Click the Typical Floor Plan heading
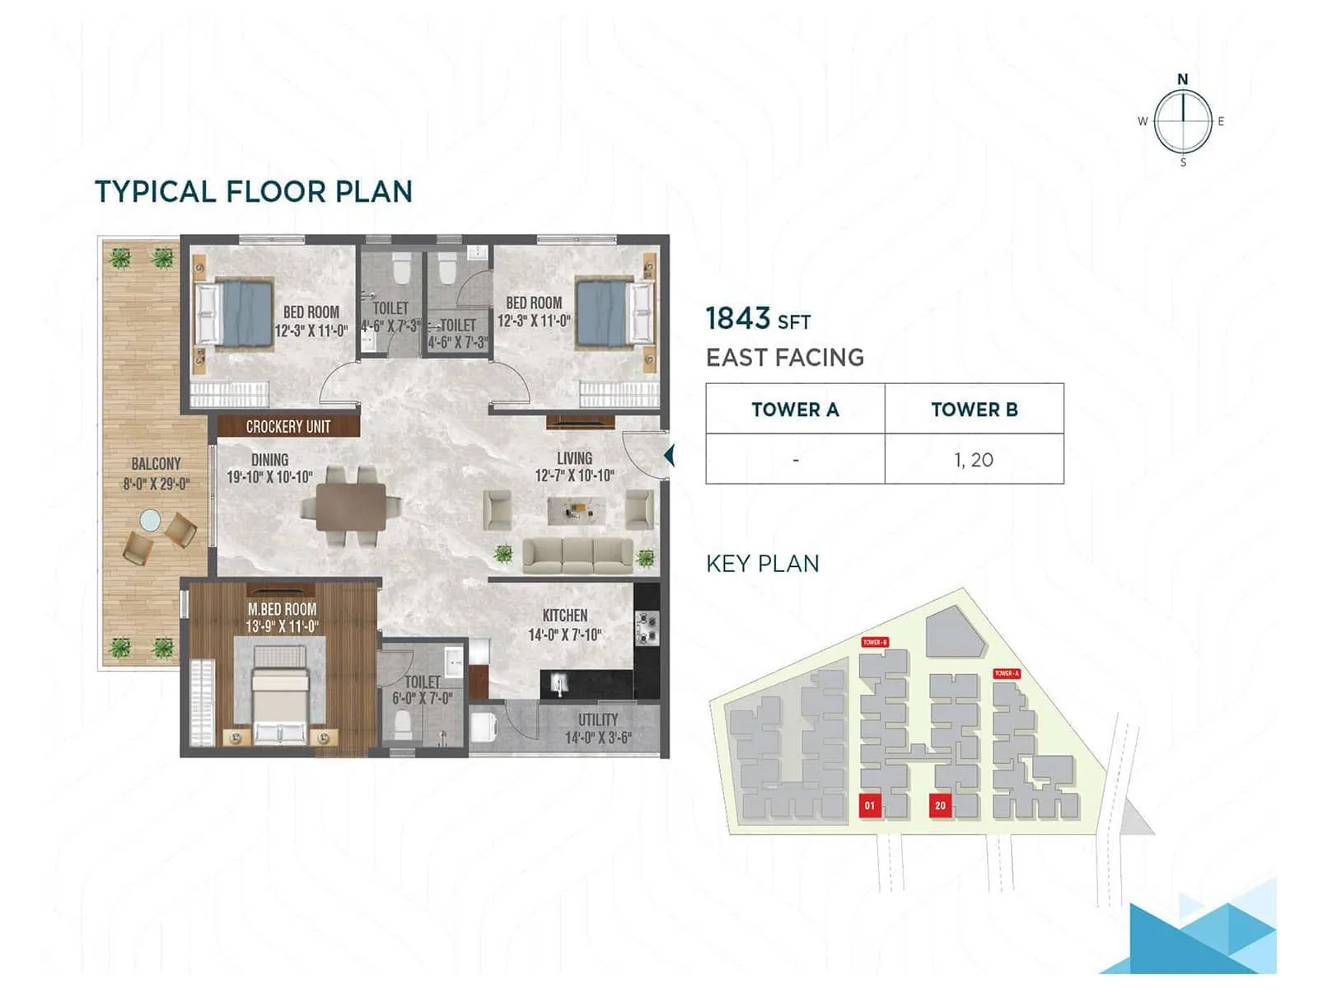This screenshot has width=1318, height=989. [x=253, y=192]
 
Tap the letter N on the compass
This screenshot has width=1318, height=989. [x=1182, y=79]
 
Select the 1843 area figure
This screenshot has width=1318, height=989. [x=738, y=318]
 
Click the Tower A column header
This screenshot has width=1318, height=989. [x=795, y=410]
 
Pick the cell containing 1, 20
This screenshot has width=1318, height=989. [x=974, y=460]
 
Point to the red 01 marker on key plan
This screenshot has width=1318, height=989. [x=870, y=805]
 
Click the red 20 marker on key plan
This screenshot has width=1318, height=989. [x=940, y=805]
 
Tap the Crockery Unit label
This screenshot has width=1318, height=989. [x=287, y=426]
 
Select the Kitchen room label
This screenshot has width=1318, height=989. [x=564, y=616]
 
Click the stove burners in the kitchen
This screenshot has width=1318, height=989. [x=647, y=628]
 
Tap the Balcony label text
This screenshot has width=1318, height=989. [x=156, y=464]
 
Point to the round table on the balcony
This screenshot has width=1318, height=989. [x=150, y=520]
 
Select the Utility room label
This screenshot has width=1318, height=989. [x=597, y=719]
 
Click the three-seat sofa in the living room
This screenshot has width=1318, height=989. [x=577, y=556]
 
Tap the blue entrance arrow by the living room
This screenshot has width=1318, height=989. [x=669, y=455]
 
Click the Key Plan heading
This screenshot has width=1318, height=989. [x=762, y=564]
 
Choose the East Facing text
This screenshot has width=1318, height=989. [x=784, y=358]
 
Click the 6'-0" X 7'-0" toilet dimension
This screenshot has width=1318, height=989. [x=422, y=698]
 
